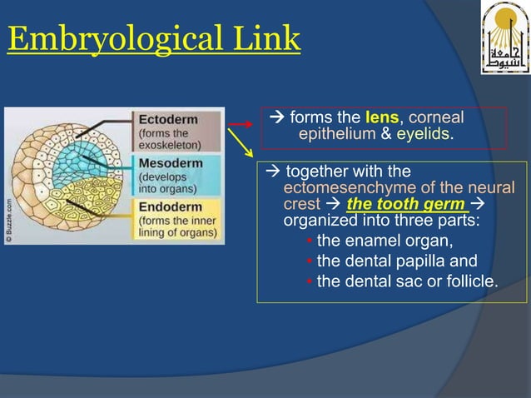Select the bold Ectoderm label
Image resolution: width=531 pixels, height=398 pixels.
[x=168, y=119]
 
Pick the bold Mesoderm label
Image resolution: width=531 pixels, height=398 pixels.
[x=171, y=163]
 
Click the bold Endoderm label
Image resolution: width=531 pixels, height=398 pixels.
[x=170, y=206]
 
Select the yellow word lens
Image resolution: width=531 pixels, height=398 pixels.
[x=382, y=118]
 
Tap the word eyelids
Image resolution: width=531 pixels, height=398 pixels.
[x=423, y=133]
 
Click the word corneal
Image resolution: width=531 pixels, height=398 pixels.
[x=436, y=118]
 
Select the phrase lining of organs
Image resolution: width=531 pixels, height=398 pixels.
[x=176, y=233]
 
